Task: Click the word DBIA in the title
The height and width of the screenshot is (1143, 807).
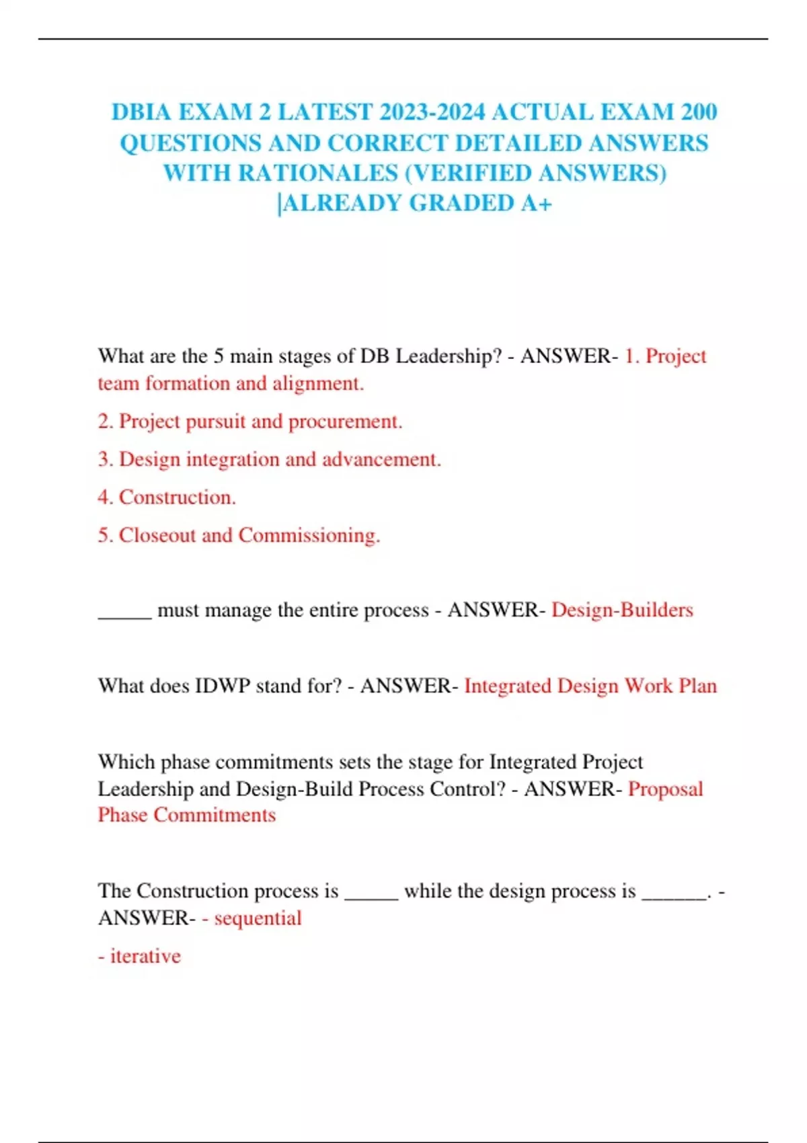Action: pyautogui.click(x=139, y=112)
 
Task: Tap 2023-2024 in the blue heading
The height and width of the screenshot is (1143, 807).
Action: pyautogui.click(x=431, y=112)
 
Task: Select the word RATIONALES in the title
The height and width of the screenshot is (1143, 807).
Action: pyautogui.click(x=318, y=173)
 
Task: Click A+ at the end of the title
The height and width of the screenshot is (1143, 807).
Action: pyautogui.click(x=536, y=203)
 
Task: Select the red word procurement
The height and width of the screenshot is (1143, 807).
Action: pyautogui.click(x=345, y=422)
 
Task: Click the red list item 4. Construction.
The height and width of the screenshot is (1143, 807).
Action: pyautogui.click(x=167, y=498)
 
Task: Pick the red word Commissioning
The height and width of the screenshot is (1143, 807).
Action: pyautogui.click(x=309, y=535)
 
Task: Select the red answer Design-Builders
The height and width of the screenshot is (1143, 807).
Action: pyautogui.click(x=622, y=610)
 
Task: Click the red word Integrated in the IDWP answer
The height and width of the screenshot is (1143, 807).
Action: pyautogui.click(x=508, y=686)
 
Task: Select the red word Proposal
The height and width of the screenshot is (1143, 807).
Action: pyautogui.click(x=665, y=789)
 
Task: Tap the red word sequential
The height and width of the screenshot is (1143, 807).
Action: pyautogui.click(x=258, y=918)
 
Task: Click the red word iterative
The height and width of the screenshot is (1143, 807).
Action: pyautogui.click(x=145, y=956)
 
